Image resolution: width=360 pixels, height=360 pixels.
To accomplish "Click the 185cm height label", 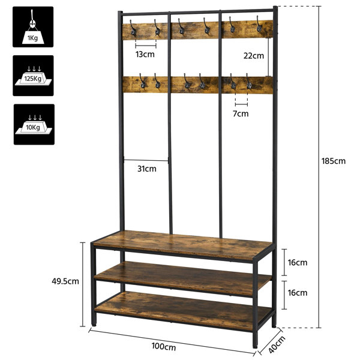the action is coord(333,161).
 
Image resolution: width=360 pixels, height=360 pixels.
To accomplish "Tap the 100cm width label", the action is coord(164,346).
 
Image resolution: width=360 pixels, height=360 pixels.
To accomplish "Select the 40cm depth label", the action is coord(277,344).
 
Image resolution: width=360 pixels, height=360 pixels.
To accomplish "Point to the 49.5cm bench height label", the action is coord(65,281).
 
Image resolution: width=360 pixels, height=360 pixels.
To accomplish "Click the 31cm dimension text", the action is coord(147,169).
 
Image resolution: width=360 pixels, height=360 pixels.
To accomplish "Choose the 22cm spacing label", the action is coord(254,56).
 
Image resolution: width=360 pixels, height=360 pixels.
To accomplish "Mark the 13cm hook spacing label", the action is coord(145,55).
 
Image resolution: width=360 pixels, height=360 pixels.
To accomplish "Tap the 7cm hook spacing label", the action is coord(241,113).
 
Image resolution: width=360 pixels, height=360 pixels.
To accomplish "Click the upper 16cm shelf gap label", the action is coord(298,262).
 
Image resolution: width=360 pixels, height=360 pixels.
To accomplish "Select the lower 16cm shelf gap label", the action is coord(298,293).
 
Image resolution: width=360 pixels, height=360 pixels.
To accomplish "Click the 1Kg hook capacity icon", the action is coord(33,27).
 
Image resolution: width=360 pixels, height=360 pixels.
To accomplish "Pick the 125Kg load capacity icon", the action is coord(33,76).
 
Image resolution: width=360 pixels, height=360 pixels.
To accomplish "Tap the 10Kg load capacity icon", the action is coord(34,124).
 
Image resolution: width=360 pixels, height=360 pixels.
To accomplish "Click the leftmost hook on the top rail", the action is coord(133,28).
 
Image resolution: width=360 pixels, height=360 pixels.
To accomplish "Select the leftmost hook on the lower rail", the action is coord(142,81).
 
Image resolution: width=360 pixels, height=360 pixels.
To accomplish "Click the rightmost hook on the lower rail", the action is coord(249,81).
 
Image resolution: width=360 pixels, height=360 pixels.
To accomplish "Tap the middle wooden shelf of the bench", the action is coord(183,279).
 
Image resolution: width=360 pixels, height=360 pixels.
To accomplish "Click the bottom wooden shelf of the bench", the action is coord(183,311).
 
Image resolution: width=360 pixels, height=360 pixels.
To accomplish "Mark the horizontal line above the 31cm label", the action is coord(146,160).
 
